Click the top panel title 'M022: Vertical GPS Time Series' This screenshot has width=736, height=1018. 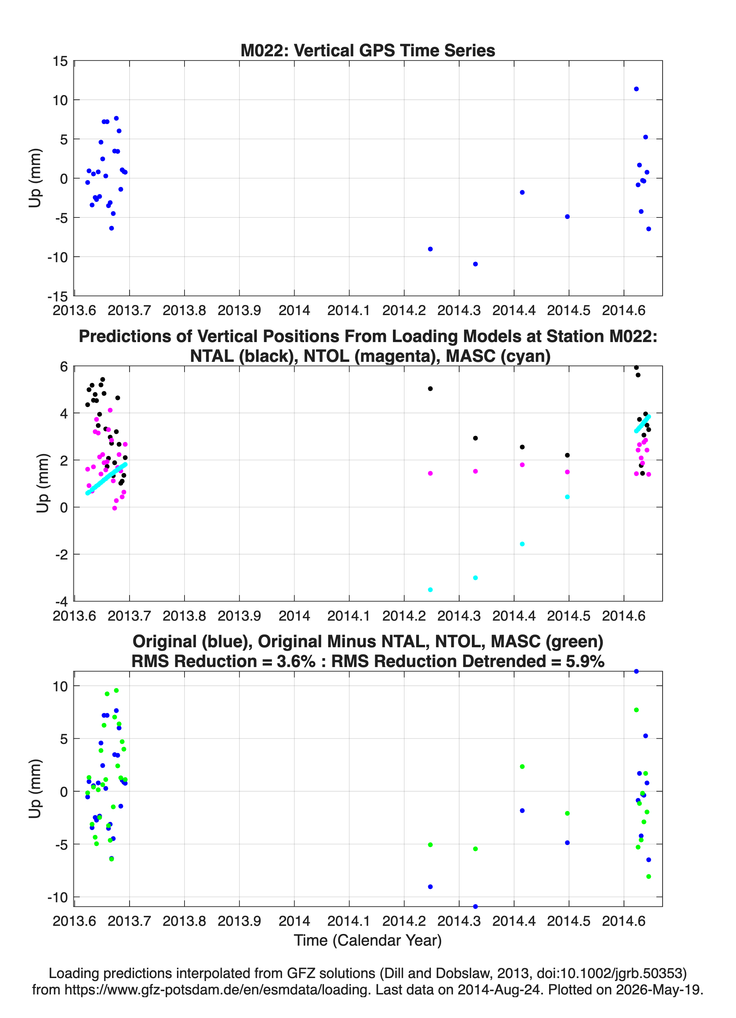tap(368, 50)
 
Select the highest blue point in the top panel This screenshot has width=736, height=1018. tap(636, 89)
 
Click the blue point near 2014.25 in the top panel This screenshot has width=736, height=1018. tap(430, 249)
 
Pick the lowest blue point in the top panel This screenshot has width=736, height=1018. tap(475, 264)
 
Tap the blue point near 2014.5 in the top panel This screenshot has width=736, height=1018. tap(567, 217)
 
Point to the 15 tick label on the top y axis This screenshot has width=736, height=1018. tap(60, 61)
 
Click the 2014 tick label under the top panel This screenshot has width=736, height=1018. tap(294, 310)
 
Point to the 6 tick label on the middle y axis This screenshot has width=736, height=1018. tap(64, 367)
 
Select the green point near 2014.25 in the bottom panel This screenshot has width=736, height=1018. tap(430, 845)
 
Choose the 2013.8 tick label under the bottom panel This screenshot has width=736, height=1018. tap(184, 921)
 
